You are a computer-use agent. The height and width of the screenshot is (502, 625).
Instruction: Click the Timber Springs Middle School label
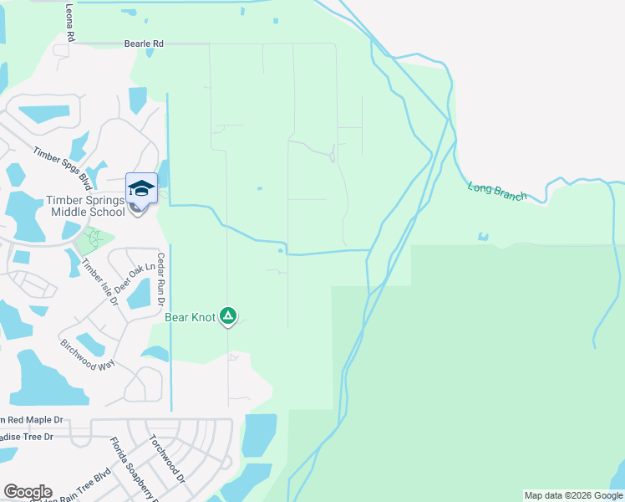[84, 206]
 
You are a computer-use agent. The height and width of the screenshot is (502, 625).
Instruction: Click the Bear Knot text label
[190, 317]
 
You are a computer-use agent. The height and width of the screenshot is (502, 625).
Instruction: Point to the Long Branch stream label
[497, 192]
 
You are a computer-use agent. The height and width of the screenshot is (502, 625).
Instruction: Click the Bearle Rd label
[144, 43]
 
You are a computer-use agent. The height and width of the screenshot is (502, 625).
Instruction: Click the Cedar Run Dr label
[162, 279]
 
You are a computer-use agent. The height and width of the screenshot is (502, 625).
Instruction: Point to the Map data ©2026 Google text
[573, 495]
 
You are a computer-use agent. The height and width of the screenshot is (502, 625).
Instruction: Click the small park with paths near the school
[94, 242]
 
